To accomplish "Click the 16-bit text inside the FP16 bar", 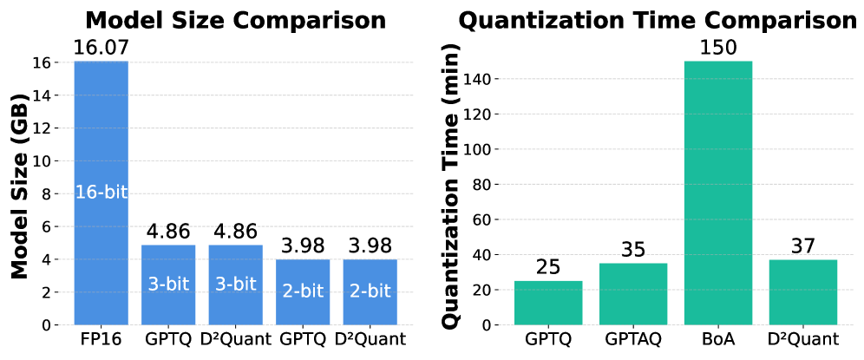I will [x=101, y=193].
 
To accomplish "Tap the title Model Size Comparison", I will [x=235, y=20].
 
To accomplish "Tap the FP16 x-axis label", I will [x=101, y=339].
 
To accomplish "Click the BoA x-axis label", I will [x=718, y=339].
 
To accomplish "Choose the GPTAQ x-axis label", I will [x=633, y=339].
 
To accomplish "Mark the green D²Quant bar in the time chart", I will [x=803, y=291].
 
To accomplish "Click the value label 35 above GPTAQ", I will [x=633, y=251].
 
